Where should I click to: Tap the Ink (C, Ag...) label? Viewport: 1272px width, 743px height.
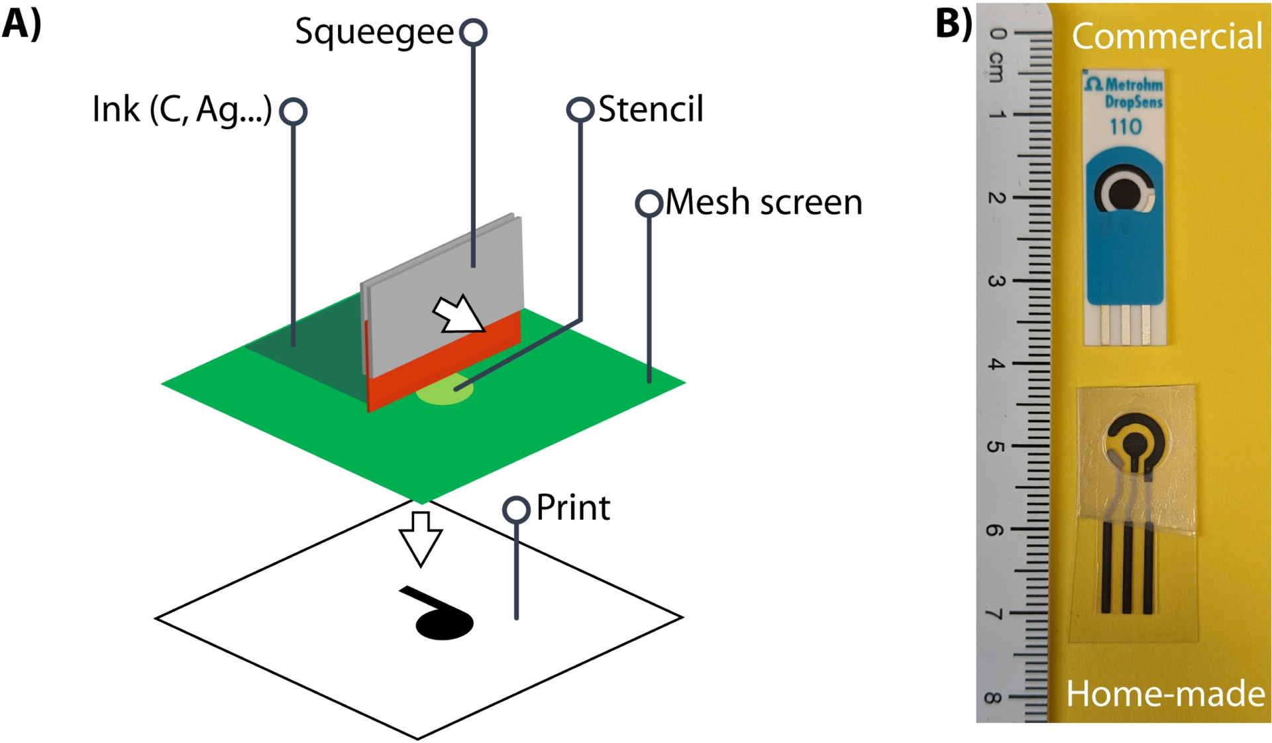click(x=182, y=110)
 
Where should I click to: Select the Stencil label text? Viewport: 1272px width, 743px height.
click(x=650, y=109)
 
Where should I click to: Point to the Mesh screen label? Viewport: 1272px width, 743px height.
click(x=763, y=202)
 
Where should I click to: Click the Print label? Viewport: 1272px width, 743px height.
click(x=572, y=508)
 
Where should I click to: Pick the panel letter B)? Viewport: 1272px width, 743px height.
click(x=953, y=24)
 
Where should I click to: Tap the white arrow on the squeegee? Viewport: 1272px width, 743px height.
click(x=458, y=314)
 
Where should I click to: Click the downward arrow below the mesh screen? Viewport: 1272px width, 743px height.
click(x=420, y=538)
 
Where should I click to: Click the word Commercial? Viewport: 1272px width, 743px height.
click(x=1167, y=36)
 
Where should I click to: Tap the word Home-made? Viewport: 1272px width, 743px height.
click(x=1165, y=695)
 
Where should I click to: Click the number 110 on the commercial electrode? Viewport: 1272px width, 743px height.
click(x=1125, y=127)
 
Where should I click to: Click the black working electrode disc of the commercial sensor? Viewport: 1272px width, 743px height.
click(x=1123, y=193)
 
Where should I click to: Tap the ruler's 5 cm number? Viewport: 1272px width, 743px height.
click(x=995, y=447)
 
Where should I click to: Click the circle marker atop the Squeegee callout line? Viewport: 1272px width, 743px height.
click(x=474, y=32)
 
